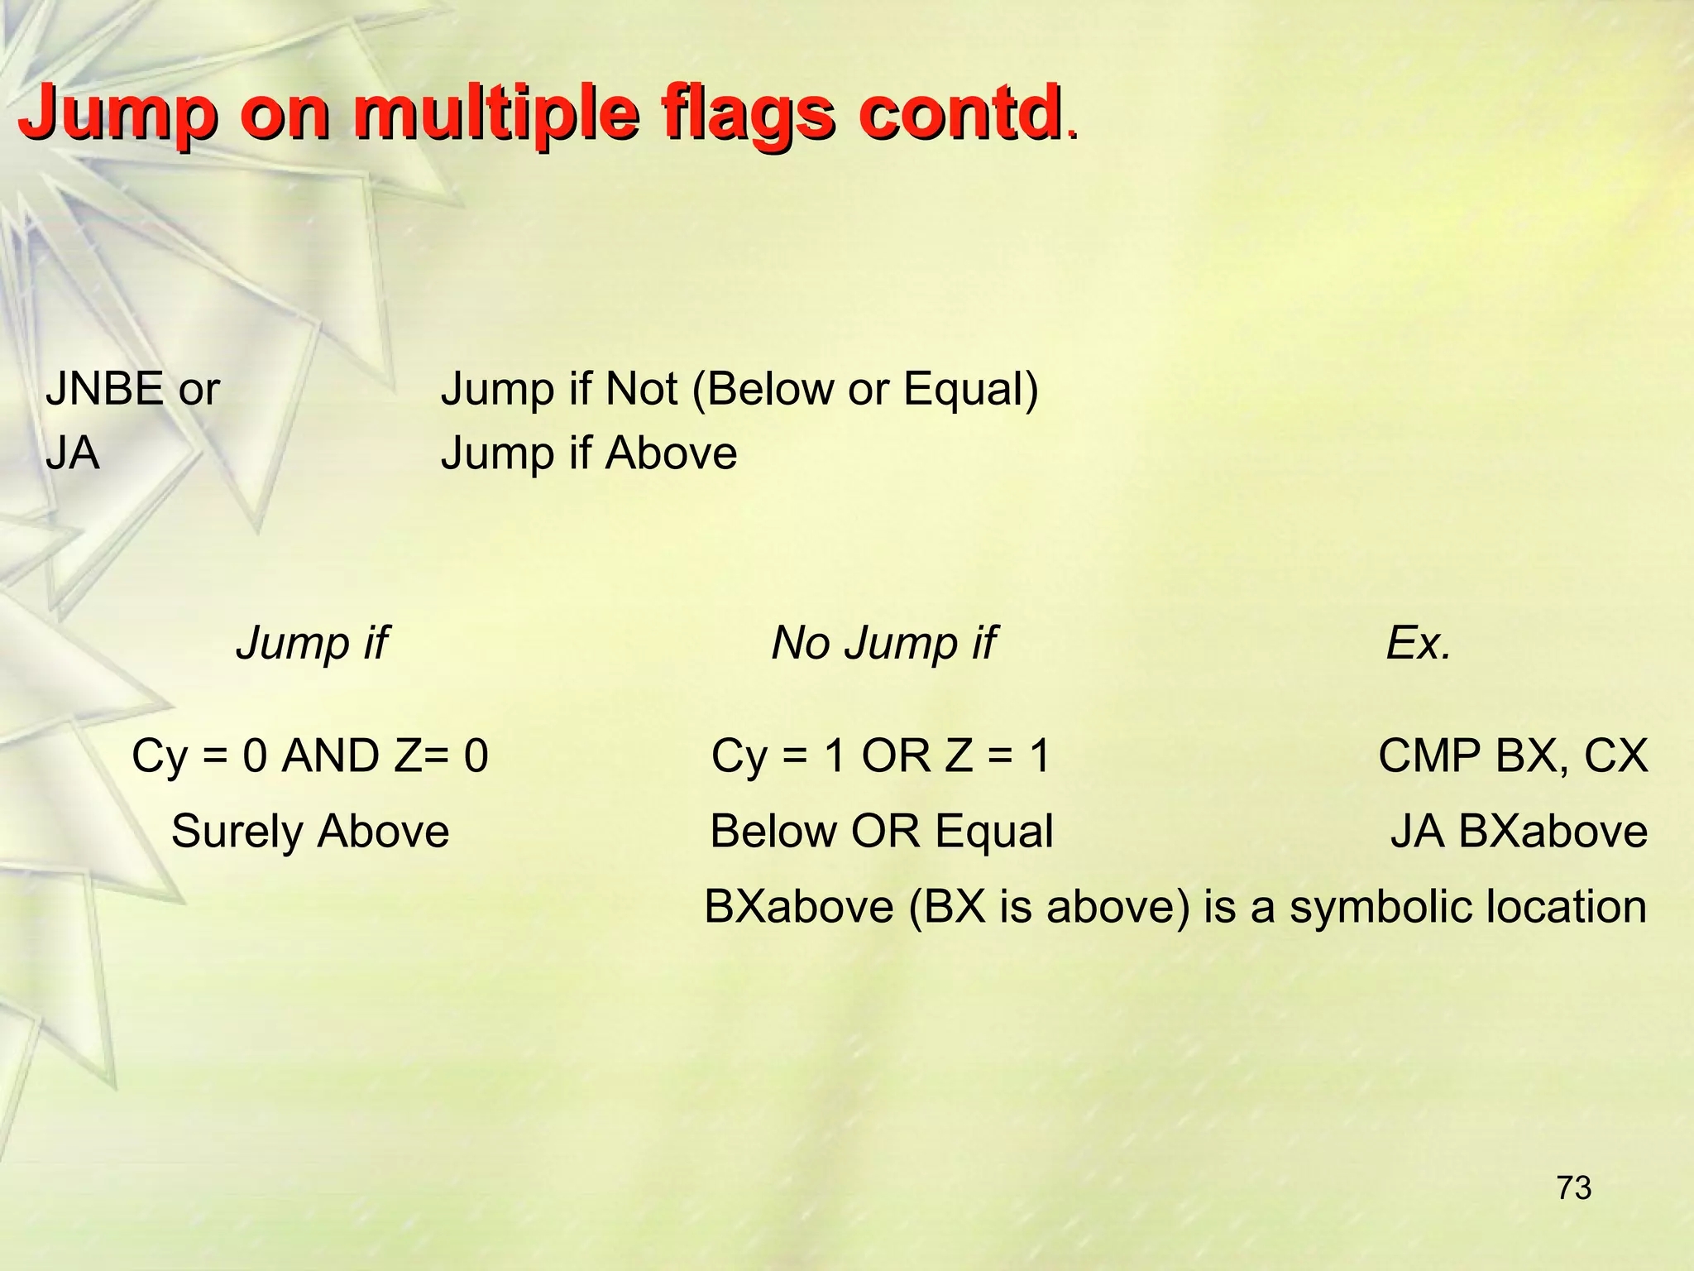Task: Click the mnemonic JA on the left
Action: pyautogui.click(x=73, y=453)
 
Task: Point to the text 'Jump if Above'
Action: pyautogui.click(x=588, y=453)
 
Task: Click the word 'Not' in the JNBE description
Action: pyautogui.click(x=641, y=389)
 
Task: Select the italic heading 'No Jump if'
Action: pyautogui.click(x=883, y=643)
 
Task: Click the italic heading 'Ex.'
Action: pyautogui.click(x=1419, y=643)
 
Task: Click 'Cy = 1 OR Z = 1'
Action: pyautogui.click(x=881, y=755)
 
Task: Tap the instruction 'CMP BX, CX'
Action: pyautogui.click(x=1513, y=755)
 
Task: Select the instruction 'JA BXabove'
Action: pyautogui.click(x=1519, y=832)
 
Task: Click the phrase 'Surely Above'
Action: pyautogui.click(x=310, y=832)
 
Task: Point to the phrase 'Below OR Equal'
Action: pyautogui.click(x=882, y=832)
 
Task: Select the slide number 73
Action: pyautogui.click(x=1574, y=1188)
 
